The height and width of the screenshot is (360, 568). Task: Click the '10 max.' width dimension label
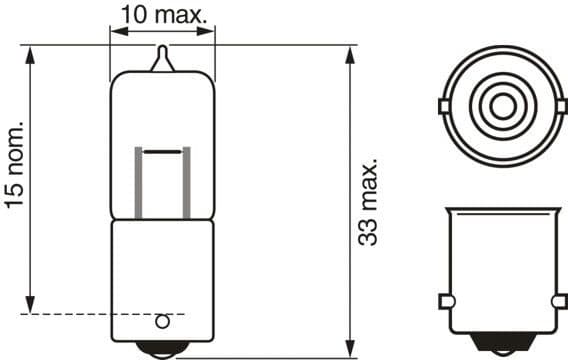tap(163, 14)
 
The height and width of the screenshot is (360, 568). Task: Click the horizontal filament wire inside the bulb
tap(162, 151)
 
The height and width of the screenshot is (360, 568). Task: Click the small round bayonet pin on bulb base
tap(163, 321)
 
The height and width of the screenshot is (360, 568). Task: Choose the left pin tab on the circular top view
tap(443, 105)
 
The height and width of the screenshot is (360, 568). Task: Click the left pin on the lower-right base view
tap(445, 301)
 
